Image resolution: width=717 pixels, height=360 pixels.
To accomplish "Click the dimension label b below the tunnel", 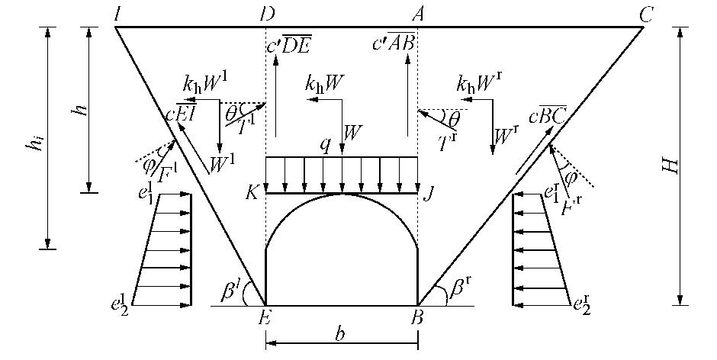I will click(341, 333).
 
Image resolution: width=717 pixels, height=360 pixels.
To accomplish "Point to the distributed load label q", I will click(326, 145).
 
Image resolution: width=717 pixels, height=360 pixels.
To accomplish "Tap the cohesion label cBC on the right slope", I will click(548, 117).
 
